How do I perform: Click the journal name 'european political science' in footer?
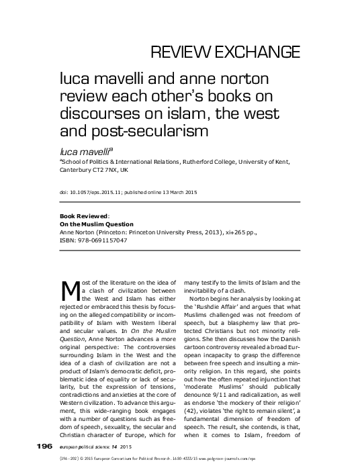(81, 446)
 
